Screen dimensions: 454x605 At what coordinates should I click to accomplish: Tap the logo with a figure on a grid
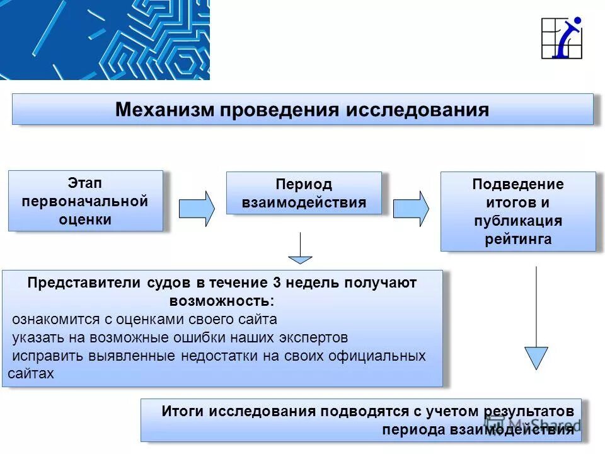(562, 38)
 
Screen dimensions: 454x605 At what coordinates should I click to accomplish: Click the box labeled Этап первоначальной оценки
(85, 201)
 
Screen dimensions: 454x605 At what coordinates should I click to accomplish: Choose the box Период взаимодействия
(304, 193)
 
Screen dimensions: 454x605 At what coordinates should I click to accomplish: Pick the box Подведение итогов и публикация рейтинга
(517, 211)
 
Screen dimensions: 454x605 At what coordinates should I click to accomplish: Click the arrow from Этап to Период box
(196, 209)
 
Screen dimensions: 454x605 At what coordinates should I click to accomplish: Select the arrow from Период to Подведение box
(410, 209)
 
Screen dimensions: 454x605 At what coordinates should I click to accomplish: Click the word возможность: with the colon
(221, 301)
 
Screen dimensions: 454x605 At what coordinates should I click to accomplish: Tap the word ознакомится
(50, 319)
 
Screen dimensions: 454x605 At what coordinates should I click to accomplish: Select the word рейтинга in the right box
(518, 239)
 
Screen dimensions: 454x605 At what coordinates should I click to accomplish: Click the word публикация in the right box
(518, 221)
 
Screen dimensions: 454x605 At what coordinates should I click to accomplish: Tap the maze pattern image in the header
(105, 40)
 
